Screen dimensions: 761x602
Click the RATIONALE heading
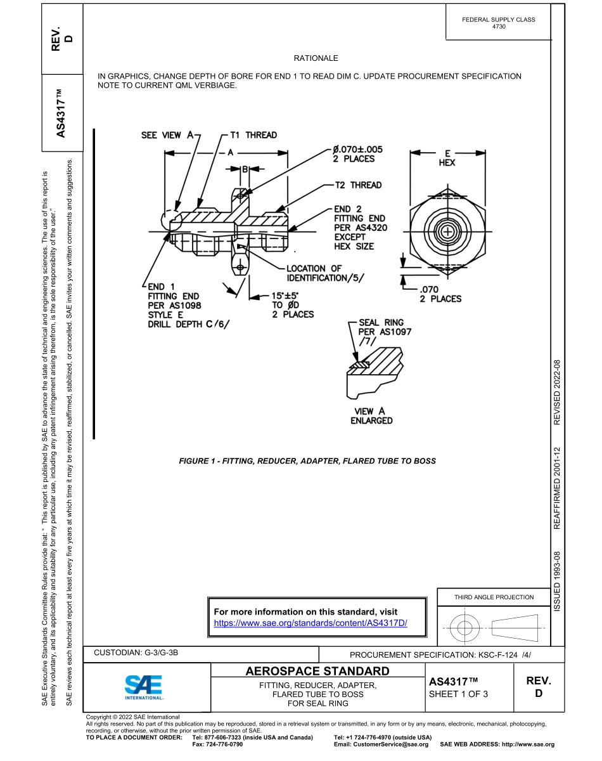tap(316, 58)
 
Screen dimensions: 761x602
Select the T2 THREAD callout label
tap(358, 185)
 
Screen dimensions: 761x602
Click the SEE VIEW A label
tap(167, 135)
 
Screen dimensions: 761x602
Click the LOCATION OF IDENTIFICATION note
tap(325, 273)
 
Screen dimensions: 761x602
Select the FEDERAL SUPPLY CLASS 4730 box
tap(498, 23)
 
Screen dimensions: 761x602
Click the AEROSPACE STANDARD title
tap(317, 671)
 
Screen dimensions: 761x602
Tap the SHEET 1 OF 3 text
tap(458, 694)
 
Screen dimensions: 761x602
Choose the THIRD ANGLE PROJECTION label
tap(494, 597)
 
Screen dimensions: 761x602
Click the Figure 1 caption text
tap(307, 461)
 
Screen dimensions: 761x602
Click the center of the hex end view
tap(447, 231)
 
